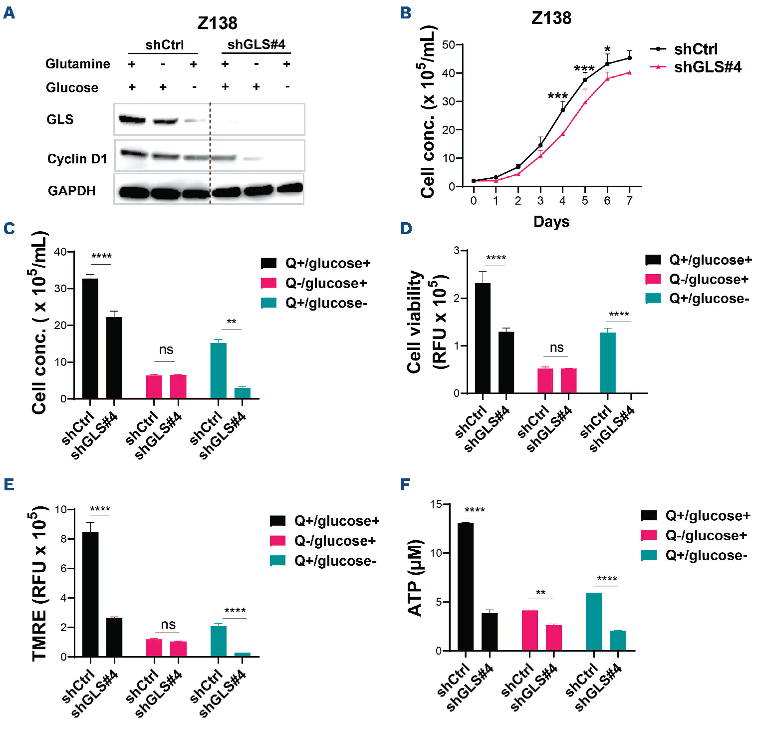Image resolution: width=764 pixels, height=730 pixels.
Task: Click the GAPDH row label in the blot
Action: pos(71,191)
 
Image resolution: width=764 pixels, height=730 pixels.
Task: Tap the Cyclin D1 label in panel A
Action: pos(77,159)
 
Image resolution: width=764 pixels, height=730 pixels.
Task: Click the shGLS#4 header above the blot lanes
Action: pos(256,45)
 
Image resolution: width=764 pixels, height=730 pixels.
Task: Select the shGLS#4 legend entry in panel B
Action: pos(707,67)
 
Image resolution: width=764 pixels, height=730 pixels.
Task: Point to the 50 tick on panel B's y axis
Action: pos(448,45)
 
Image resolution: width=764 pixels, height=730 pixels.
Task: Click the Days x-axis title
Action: pos(551,222)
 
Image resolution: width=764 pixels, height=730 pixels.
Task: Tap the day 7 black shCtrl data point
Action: pos(629,58)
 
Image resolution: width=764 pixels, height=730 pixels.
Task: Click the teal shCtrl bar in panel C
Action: pos(219,370)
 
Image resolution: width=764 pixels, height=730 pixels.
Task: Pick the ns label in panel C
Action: pos(166,350)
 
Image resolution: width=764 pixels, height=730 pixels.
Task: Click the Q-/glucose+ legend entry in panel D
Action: pos(708,279)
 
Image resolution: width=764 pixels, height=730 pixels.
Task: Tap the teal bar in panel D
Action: pos(607,363)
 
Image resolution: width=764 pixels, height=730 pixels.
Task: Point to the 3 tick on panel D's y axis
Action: pos(457,250)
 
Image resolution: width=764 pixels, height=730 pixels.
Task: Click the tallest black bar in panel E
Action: pos(90,594)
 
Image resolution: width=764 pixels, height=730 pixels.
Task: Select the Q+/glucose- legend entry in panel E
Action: pos(335,561)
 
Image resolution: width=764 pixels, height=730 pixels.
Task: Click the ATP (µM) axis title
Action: pos(415,578)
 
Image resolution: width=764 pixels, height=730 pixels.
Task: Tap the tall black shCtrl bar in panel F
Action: pos(466,587)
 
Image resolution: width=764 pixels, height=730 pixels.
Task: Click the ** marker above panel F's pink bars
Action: pos(540,593)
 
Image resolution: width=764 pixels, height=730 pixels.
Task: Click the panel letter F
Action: pos(406,484)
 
